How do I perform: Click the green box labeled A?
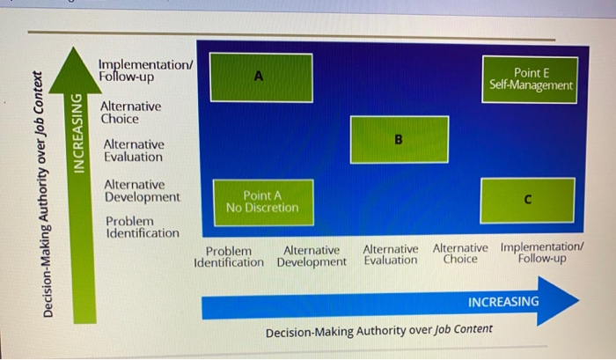tap(261, 77)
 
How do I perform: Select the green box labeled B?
tap(400, 140)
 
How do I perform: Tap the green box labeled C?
tap(528, 201)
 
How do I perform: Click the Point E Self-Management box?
tap(530, 80)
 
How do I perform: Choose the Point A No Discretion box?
tap(263, 202)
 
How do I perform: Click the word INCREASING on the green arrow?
tap(79, 133)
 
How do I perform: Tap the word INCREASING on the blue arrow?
tap(503, 302)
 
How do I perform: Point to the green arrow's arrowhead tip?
tap(73, 48)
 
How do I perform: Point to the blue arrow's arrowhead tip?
tap(579, 301)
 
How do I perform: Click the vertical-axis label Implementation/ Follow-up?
tap(146, 70)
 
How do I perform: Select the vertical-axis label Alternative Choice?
tap(130, 113)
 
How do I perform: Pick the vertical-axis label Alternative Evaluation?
tap(134, 151)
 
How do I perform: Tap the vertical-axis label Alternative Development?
tap(143, 191)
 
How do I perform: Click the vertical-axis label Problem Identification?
tap(143, 227)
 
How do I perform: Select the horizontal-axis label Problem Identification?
tap(229, 257)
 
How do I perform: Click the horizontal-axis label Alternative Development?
tap(312, 256)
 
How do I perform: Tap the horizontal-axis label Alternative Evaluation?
tap(391, 254)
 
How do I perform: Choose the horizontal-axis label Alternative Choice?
tap(460, 253)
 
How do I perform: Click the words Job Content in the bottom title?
tap(463, 329)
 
